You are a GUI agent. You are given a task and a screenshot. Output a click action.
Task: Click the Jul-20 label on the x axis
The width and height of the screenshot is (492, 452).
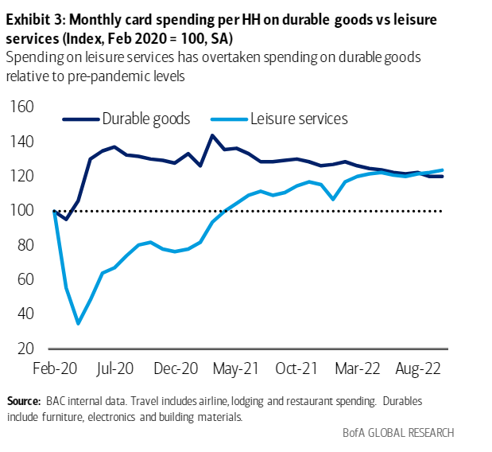pyautogui.click(x=116, y=370)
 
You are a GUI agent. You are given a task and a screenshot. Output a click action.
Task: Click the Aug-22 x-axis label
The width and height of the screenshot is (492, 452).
pyautogui.click(x=417, y=370)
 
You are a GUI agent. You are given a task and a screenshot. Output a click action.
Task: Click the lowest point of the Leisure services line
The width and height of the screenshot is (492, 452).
pyautogui.click(x=78, y=323)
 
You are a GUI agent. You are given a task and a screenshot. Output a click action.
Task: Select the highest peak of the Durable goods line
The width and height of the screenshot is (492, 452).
pyautogui.click(x=212, y=135)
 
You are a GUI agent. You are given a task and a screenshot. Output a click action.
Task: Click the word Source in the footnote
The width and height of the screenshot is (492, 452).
pyautogui.click(x=23, y=401)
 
